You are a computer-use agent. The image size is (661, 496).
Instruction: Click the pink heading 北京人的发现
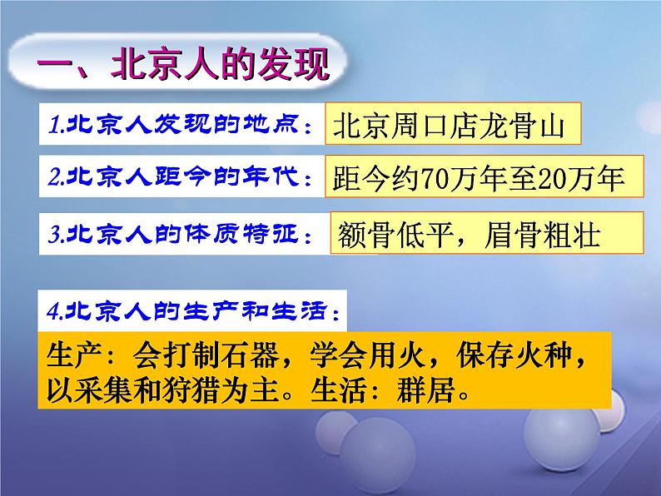pos(220,63)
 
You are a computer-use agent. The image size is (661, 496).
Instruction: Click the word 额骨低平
pos(395,236)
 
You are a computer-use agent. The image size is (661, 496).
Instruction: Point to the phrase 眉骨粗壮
pos(543,236)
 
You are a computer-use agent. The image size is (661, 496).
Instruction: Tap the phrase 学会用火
pos(367,355)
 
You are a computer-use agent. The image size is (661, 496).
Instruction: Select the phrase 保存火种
pos(514,355)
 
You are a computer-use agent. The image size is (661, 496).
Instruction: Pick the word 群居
pos(425,390)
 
